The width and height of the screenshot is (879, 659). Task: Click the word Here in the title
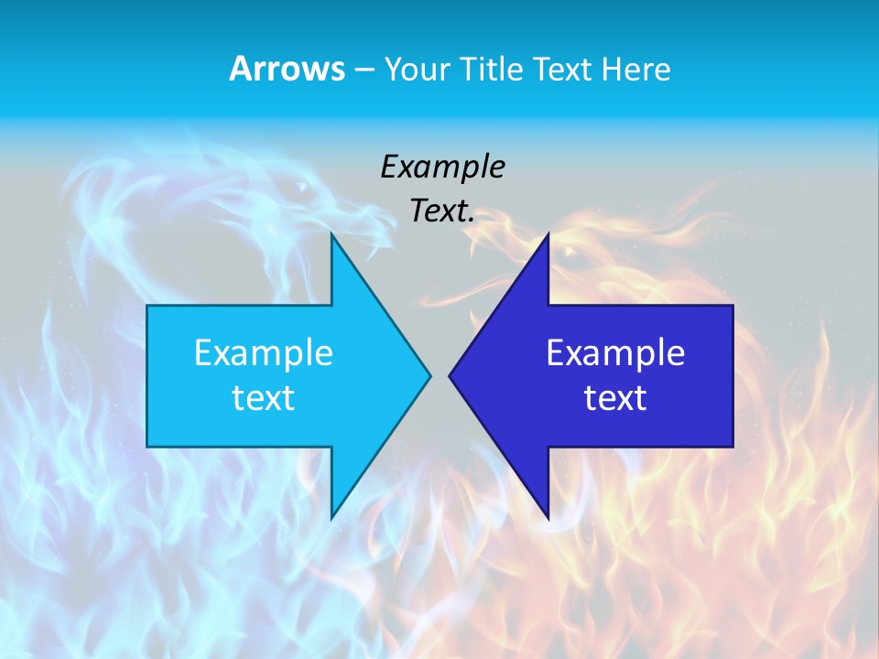[635, 69]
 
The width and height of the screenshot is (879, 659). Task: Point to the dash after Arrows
[364, 70]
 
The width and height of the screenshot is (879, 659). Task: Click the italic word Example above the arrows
[443, 167]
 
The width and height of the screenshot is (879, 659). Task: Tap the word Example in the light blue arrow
[264, 352]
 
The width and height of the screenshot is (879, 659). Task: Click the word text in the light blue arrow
[264, 397]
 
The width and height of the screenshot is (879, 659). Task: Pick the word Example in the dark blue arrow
[615, 352]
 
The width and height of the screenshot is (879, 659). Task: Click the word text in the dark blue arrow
[615, 397]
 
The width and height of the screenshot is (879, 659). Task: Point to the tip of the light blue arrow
[429, 375]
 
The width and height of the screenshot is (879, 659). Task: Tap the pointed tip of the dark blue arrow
[450, 375]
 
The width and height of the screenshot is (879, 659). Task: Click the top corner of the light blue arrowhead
[332, 237]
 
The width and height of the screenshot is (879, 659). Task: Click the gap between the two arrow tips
[439, 375]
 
